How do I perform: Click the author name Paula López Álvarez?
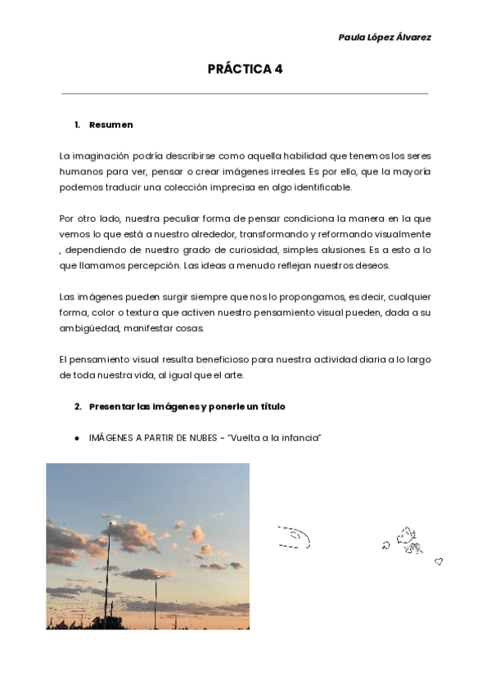(384, 37)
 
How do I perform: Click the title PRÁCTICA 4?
(245, 69)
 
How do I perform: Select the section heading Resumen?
(110, 124)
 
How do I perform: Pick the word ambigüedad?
(92, 328)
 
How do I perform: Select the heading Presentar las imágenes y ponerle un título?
(187, 406)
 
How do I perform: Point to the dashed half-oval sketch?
(294, 537)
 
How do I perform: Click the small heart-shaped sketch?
(439, 561)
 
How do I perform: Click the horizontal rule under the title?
(245, 93)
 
